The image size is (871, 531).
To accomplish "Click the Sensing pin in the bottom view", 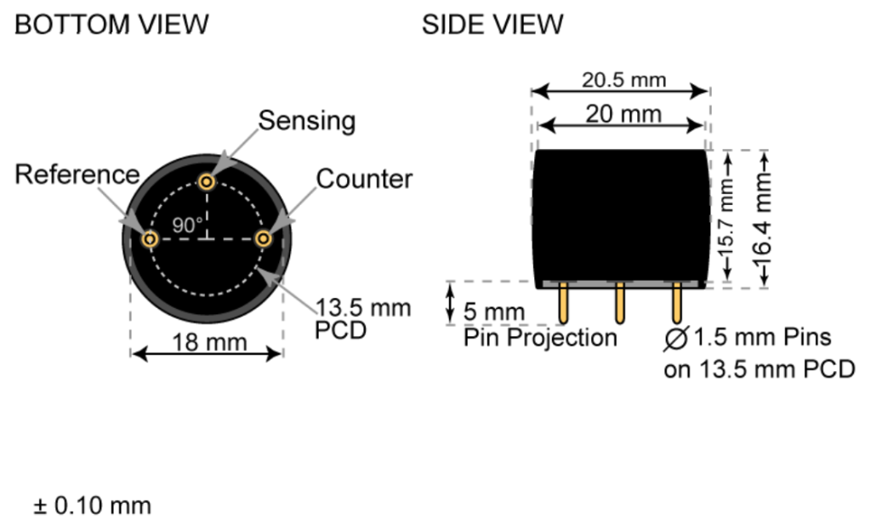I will (207, 181).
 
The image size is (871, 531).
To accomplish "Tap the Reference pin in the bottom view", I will (150, 239).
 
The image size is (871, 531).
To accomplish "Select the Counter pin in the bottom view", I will (265, 239).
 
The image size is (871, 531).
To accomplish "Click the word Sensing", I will (306, 121).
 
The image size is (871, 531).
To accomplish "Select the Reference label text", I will (77, 174).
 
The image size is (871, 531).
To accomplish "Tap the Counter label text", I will (364, 179).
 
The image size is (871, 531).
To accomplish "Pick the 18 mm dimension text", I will (208, 342).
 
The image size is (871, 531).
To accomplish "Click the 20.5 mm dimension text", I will (623, 80).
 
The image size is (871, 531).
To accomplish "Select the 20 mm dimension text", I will (623, 114).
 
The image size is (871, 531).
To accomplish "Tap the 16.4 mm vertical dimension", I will (762, 219).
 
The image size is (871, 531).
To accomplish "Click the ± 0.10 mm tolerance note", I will (92, 505).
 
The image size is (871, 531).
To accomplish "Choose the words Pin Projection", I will (540, 338).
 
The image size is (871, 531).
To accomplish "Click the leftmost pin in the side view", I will (563, 304).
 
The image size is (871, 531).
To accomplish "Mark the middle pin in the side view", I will (620, 304).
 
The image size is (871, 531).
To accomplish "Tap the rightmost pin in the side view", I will (677, 304).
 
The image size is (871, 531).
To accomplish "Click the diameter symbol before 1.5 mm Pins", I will (676, 339).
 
